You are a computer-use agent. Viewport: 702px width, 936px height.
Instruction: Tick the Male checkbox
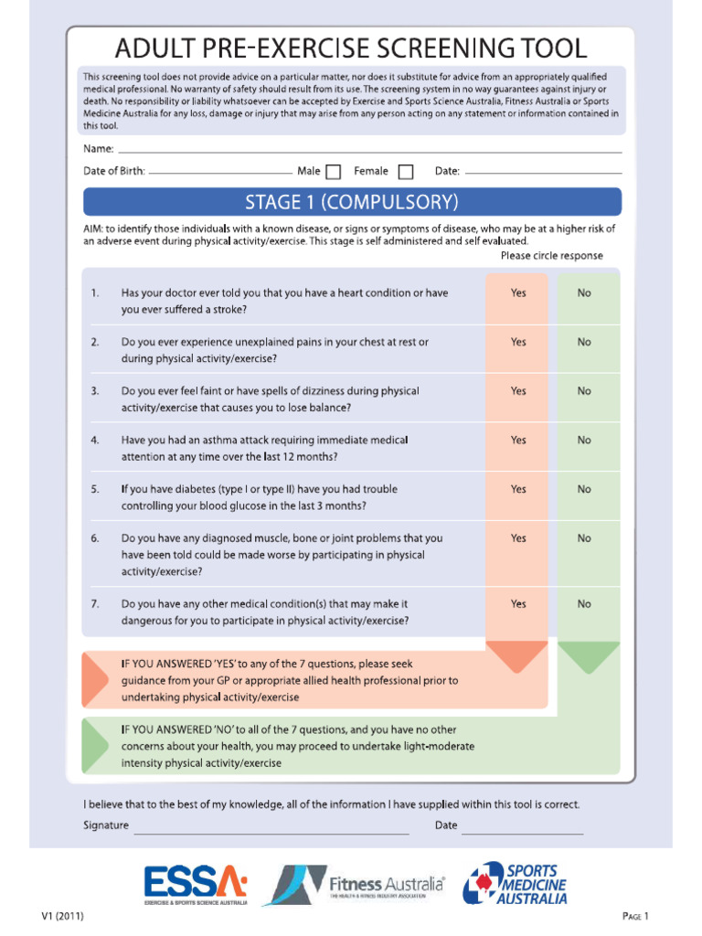click(x=334, y=171)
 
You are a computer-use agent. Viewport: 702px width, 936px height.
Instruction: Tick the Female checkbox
click(x=406, y=171)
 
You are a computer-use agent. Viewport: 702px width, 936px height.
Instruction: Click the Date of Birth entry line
click(x=219, y=171)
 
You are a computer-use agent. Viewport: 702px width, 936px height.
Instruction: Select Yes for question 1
click(x=518, y=293)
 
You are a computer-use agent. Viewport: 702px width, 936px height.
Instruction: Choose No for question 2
click(x=584, y=342)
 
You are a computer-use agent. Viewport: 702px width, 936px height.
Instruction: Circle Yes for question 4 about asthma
click(x=518, y=440)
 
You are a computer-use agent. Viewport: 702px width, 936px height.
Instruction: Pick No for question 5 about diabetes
click(x=584, y=489)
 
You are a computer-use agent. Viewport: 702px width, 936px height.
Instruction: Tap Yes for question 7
click(x=518, y=603)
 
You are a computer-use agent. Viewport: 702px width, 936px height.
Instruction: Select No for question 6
click(x=584, y=538)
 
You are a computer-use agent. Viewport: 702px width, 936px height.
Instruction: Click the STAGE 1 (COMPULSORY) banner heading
click(x=352, y=201)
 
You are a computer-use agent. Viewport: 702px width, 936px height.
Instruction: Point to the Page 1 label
click(x=635, y=916)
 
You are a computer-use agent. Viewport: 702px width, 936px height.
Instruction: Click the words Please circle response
click(x=551, y=256)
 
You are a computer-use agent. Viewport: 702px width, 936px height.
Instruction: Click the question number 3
click(x=95, y=391)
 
